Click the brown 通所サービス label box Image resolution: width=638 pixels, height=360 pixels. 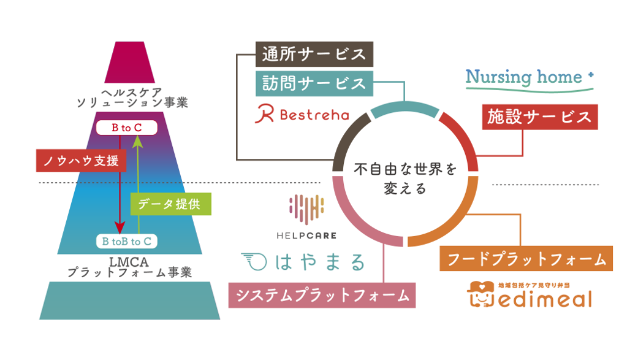click(314, 54)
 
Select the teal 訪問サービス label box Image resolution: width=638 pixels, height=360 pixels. click(314, 83)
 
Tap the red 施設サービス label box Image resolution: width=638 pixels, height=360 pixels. click(539, 117)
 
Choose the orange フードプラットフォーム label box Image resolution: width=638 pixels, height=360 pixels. click(526, 259)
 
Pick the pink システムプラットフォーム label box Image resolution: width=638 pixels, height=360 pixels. click(322, 295)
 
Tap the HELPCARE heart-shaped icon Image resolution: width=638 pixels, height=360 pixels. click(306, 209)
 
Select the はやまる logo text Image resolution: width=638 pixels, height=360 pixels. click(303, 262)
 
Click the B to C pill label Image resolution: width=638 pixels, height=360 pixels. click(126, 128)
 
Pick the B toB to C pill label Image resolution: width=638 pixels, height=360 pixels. click(126, 242)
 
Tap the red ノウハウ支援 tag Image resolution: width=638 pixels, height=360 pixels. click(81, 161)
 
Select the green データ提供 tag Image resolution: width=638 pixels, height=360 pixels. click(170, 204)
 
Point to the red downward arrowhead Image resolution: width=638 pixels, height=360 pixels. click(120, 228)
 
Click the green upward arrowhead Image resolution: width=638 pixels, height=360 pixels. click(138, 142)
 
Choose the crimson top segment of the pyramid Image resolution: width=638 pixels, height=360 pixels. click(130, 63)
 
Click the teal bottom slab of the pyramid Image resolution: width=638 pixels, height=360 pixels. click(130, 301)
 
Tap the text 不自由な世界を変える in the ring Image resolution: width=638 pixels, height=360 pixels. click(405, 179)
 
